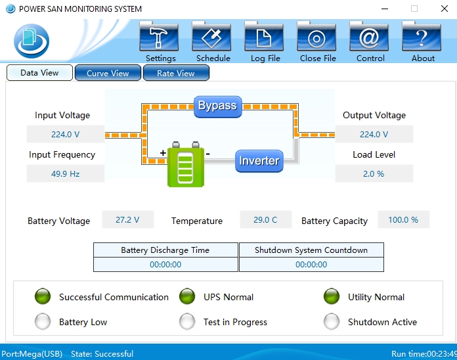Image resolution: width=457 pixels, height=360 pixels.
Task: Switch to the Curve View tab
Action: (108, 73)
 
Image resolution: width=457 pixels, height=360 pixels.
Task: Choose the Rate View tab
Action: (176, 73)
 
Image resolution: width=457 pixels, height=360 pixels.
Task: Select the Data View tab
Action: (39, 73)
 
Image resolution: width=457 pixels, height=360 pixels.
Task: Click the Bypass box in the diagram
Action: (218, 106)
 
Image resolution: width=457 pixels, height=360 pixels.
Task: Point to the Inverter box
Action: (259, 161)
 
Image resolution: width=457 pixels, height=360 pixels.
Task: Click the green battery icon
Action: (186, 166)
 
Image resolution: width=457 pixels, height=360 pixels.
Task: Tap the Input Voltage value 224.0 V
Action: (65, 134)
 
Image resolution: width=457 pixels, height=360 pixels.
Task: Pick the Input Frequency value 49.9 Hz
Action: (65, 173)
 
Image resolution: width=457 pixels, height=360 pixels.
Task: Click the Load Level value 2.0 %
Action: (374, 173)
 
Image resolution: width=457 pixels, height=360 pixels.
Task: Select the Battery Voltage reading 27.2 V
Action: (127, 219)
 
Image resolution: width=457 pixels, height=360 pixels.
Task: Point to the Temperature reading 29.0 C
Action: (265, 219)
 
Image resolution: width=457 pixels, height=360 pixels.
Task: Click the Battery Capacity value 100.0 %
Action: (403, 219)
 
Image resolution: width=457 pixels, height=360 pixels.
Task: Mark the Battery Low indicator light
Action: (43, 321)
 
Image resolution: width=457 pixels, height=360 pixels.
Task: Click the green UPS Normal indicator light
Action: (187, 296)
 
